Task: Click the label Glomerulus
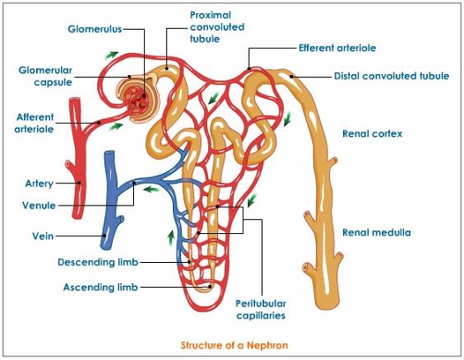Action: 94,28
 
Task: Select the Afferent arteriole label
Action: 35,122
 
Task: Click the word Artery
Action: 40,184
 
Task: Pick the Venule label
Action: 39,206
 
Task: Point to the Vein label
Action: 42,236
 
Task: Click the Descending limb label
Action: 98,262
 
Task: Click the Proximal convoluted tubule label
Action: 215,26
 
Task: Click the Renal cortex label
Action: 372,134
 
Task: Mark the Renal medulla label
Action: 377,233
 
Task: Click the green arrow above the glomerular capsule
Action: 109,55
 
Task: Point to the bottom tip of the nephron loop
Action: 209,291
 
